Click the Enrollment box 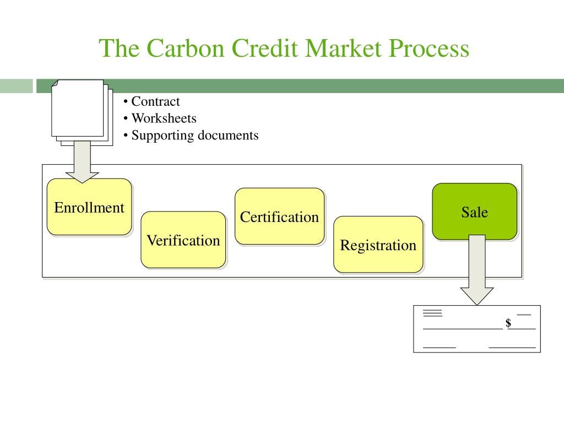[89, 207]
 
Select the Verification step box [183, 240]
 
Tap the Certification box [279, 216]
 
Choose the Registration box [378, 245]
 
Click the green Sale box [474, 211]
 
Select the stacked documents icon [81, 112]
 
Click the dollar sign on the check [508, 323]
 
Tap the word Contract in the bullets [155, 101]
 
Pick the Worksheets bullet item [164, 118]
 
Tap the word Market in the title [345, 48]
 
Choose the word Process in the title [430, 48]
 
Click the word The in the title [117, 48]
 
